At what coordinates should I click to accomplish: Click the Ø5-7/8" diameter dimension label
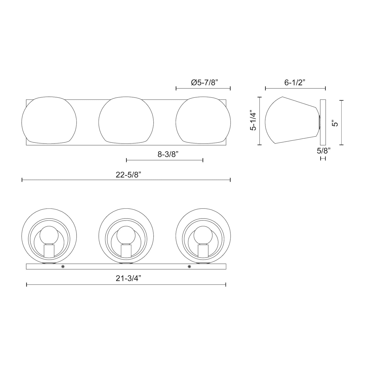204,83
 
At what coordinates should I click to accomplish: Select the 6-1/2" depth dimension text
295,83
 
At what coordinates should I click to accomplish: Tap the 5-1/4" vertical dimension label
253,120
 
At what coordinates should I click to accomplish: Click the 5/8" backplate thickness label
324,151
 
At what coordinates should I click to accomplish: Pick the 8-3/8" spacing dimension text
168,154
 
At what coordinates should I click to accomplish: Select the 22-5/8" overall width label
128,175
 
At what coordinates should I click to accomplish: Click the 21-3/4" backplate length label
128,278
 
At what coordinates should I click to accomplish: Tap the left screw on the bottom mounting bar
63,266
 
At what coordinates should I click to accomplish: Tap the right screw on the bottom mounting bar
189,266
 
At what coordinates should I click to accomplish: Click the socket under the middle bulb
126,251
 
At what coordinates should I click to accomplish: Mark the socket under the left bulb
49,251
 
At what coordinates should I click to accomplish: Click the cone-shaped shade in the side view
290,120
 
